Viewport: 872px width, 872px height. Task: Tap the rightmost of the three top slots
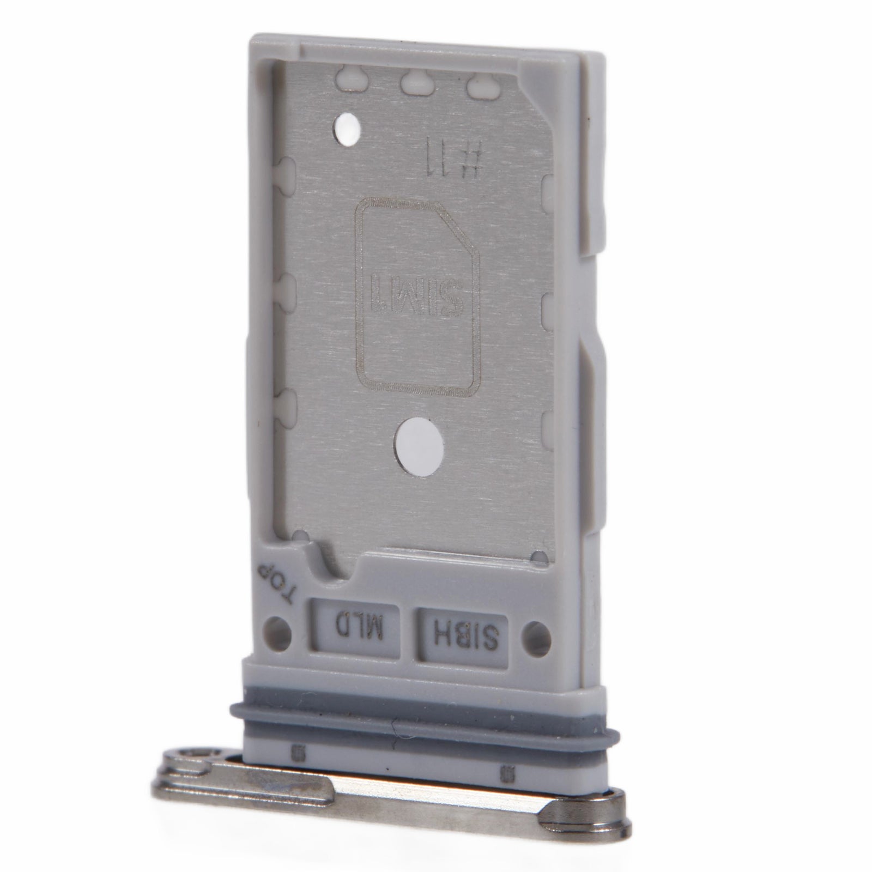tap(480, 85)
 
